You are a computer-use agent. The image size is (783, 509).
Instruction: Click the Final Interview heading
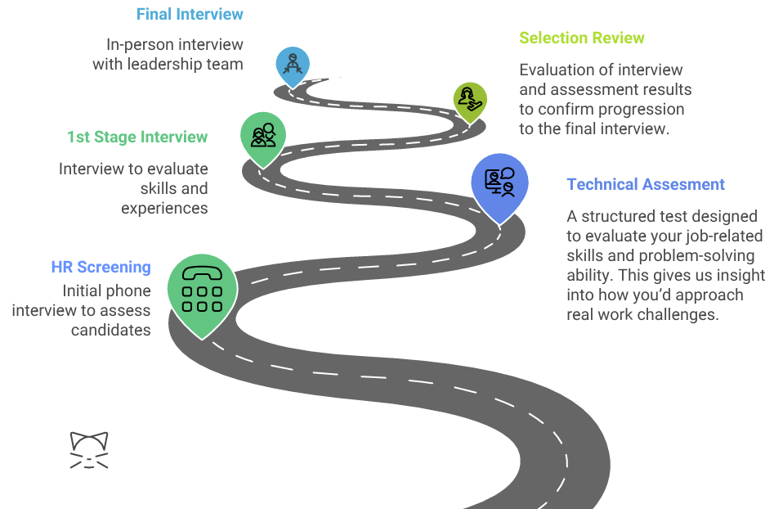pos(190,14)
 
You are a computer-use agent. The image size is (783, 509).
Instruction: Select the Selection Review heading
pos(581,38)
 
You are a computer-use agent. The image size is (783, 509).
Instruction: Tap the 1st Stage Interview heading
pos(137,137)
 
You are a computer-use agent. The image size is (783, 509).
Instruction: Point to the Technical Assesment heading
pos(646,185)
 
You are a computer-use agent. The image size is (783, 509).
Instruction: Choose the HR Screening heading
pos(101,267)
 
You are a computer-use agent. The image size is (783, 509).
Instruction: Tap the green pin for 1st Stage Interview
pos(263,135)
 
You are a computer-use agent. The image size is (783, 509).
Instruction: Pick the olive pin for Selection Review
pos(470,100)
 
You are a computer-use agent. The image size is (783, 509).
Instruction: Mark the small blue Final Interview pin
pos(292,65)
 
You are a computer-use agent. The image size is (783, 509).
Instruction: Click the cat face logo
pos(89,450)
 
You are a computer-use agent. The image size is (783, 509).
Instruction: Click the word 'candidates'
pos(110,331)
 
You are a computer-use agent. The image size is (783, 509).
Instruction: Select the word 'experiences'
pos(164,208)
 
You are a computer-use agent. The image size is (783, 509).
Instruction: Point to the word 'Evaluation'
pos(559,70)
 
